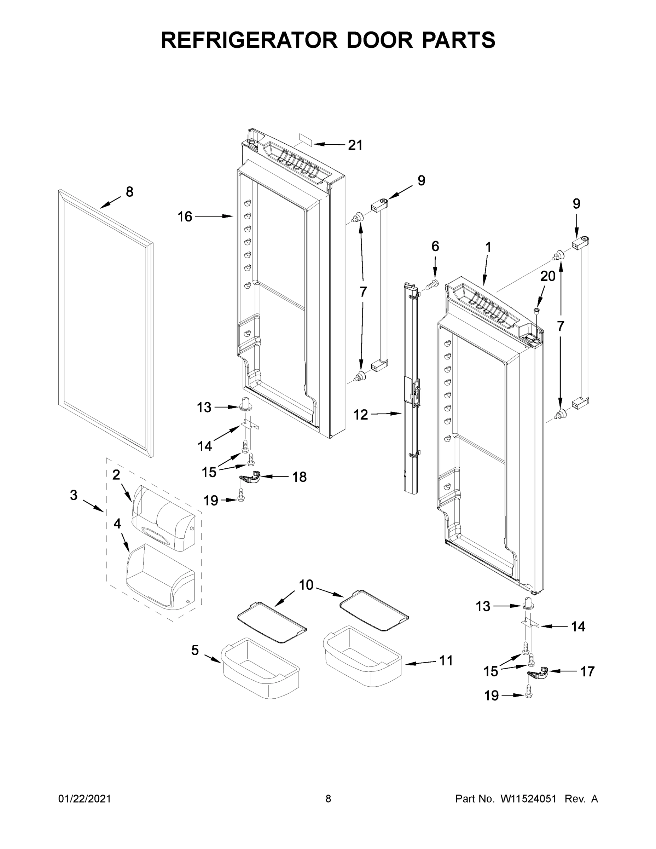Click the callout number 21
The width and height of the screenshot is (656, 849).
355,145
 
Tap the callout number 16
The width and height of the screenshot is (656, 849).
185,216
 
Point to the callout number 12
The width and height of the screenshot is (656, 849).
360,415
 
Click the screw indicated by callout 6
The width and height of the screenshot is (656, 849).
432,284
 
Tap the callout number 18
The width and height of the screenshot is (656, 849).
299,477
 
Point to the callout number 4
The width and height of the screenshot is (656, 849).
117,524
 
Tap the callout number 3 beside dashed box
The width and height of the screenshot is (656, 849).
74,495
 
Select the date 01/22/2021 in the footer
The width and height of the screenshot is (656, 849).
84,798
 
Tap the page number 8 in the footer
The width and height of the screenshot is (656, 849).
328,798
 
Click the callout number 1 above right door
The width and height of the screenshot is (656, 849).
488,247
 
